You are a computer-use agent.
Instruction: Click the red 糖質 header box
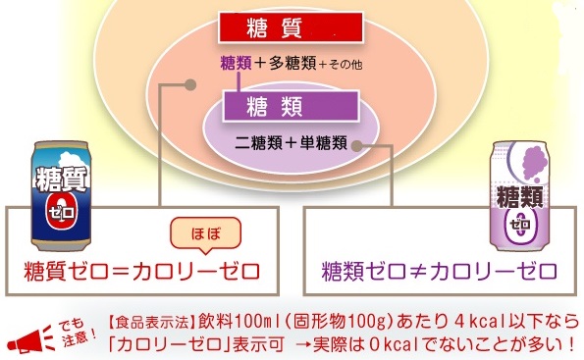[291, 27]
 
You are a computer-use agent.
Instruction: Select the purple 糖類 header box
[291, 106]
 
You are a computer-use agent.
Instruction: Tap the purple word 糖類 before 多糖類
[237, 64]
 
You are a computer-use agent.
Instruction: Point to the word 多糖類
[292, 64]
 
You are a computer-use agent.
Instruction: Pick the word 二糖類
[258, 143]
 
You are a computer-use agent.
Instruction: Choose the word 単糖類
[324, 143]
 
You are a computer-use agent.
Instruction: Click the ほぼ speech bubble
[205, 234]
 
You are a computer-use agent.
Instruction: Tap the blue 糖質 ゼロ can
[62, 195]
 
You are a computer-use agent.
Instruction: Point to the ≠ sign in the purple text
[418, 272]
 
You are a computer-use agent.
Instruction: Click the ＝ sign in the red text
[121, 272]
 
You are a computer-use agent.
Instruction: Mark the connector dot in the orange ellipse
[190, 85]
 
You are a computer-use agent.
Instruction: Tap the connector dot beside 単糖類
[357, 146]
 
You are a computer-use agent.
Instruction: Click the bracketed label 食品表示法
[153, 323]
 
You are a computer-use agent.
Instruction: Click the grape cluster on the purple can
[535, 162]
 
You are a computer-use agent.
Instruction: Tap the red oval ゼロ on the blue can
[62, 212]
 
